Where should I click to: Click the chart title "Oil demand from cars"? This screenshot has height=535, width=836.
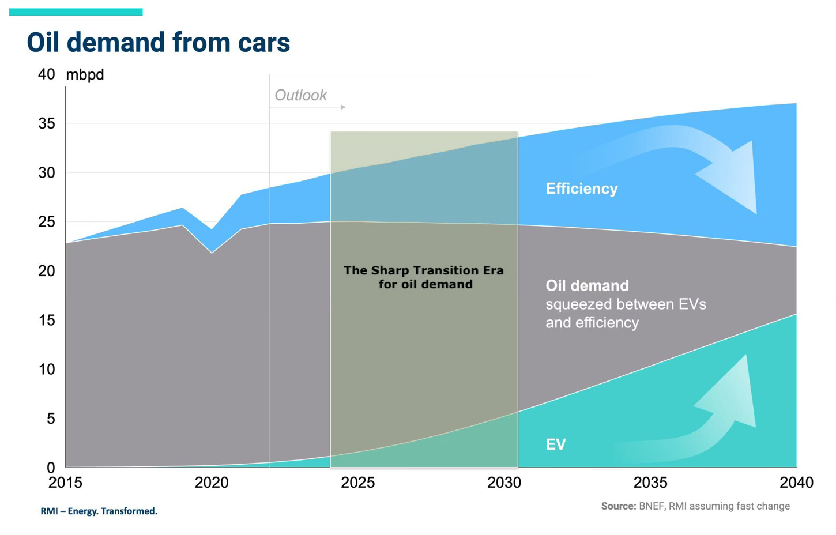(158, 43)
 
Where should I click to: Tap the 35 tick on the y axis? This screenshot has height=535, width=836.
(47, 123)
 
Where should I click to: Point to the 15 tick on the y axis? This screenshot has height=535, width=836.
(47, 320)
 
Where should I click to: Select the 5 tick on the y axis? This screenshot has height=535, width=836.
(51, 419)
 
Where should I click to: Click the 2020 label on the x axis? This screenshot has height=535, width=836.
(212, 483)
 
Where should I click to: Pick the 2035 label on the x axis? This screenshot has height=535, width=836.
(650, 483)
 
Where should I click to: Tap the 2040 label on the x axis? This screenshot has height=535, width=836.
(796, 483)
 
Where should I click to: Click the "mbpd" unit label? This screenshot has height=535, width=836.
(85, 75)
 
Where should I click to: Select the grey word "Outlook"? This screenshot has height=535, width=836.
(300, 95)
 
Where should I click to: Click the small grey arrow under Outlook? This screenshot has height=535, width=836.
(308, 107)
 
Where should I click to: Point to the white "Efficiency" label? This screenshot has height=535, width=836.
(581, 189)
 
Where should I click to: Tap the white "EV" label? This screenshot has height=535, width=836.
(556, 444)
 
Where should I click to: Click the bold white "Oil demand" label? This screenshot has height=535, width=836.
(587, 285)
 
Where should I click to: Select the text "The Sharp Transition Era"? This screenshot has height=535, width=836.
(424, 270)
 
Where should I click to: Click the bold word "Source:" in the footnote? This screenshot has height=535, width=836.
(618, 506)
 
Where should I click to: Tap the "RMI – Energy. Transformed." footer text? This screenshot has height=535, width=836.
(99, 511)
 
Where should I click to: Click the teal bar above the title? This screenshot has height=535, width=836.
(76, 12)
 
